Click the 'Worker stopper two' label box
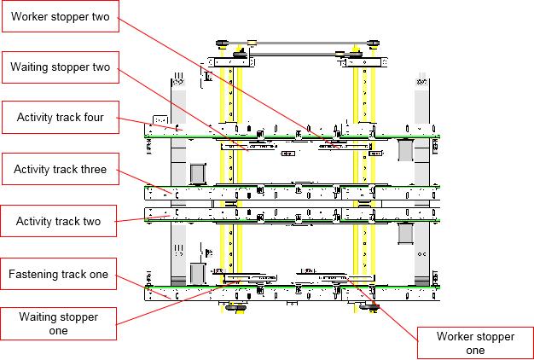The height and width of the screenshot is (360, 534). (61, 16)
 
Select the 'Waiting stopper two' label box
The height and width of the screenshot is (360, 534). (61, 67)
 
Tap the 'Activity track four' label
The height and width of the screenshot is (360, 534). (61, 118)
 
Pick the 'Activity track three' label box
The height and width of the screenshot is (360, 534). (61, 169)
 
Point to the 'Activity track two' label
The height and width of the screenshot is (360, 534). (59, 221)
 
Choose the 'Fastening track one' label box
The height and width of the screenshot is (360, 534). (59, 274)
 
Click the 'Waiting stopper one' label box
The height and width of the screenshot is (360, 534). (59, 323)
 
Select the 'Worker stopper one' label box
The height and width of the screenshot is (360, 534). (475, 343)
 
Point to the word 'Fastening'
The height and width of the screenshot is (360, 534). (33, 275)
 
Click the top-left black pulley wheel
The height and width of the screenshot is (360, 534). (222, 44)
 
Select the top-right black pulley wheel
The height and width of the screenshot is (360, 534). (374, 44)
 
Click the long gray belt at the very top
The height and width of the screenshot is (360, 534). (298, 44)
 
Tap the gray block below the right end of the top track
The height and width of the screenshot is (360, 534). (405, 150)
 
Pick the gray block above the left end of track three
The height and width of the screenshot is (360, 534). (198, 174)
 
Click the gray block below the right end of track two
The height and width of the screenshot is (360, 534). (405, 233)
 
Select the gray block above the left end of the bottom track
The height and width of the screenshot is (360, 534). (198, 274)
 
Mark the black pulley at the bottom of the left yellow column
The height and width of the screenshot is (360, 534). (235, 308)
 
